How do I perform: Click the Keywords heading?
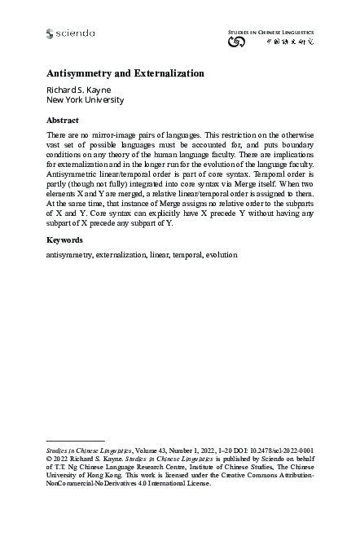pos(65,241)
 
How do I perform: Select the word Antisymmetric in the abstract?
pos(73,173)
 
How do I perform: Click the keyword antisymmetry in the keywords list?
pos(69,255)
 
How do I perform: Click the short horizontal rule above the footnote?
pos(76,440)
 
